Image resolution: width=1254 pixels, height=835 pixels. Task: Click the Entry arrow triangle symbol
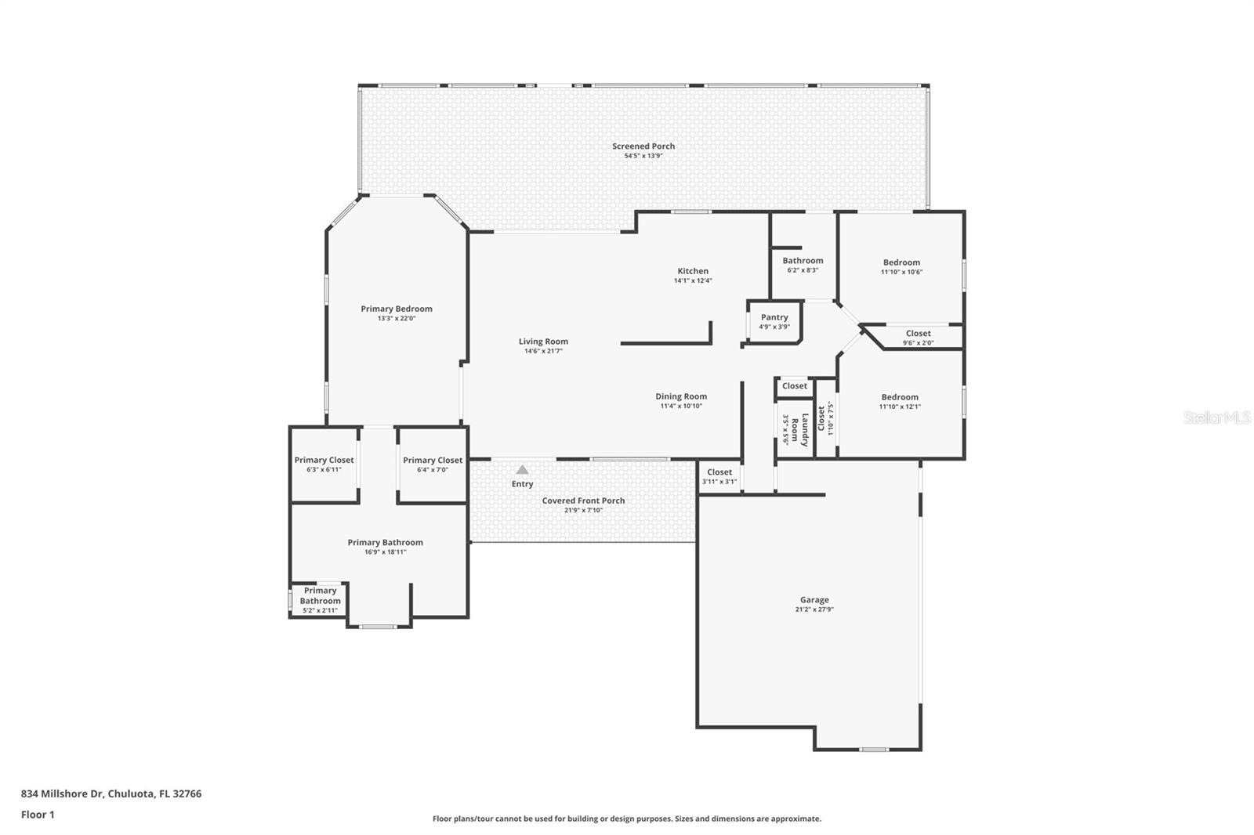[x=522, y=470]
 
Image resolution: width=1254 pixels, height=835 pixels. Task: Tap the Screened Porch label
[x=643, y=146]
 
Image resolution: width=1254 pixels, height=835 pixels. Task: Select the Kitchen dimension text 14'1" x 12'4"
[x=693, y=280]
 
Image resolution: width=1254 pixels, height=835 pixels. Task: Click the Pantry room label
[x=774, y=317]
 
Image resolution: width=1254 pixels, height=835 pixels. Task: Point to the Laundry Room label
[x=795, y=429]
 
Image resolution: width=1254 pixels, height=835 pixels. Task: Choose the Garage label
[x=814, y=600]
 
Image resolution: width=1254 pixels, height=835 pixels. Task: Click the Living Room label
[x=543, y=342]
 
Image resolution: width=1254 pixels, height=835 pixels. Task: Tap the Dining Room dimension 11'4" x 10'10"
[x=681, y=407]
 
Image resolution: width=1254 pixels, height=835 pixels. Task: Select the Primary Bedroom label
[x=397, y=309]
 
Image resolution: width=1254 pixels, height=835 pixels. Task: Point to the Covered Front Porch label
[x=583, y=501]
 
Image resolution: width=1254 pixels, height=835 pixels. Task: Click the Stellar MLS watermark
[x=1216, y=418]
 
